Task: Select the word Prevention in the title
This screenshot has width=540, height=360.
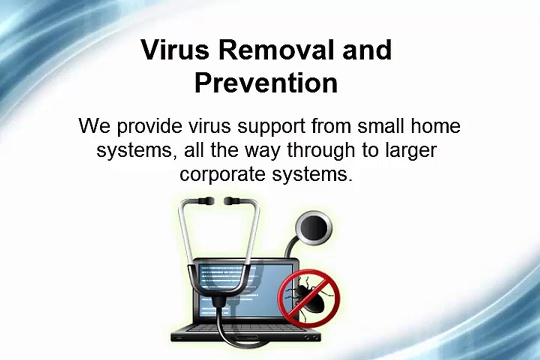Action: pos(266,83)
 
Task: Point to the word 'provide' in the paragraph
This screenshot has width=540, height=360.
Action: pos(147,126)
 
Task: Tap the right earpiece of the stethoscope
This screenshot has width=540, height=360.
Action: pos(231,201)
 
